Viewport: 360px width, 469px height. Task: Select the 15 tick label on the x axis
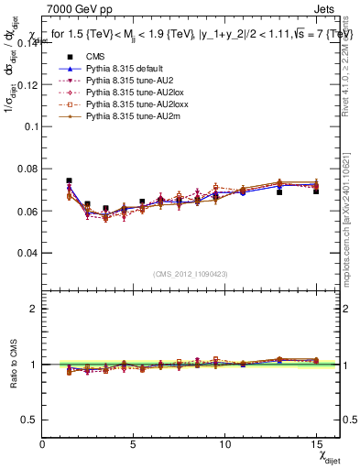point(316,443)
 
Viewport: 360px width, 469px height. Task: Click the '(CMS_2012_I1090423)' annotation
point(191,274)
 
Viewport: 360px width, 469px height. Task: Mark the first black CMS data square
point(70,181)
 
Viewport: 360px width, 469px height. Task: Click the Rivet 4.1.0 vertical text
point(351,55)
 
